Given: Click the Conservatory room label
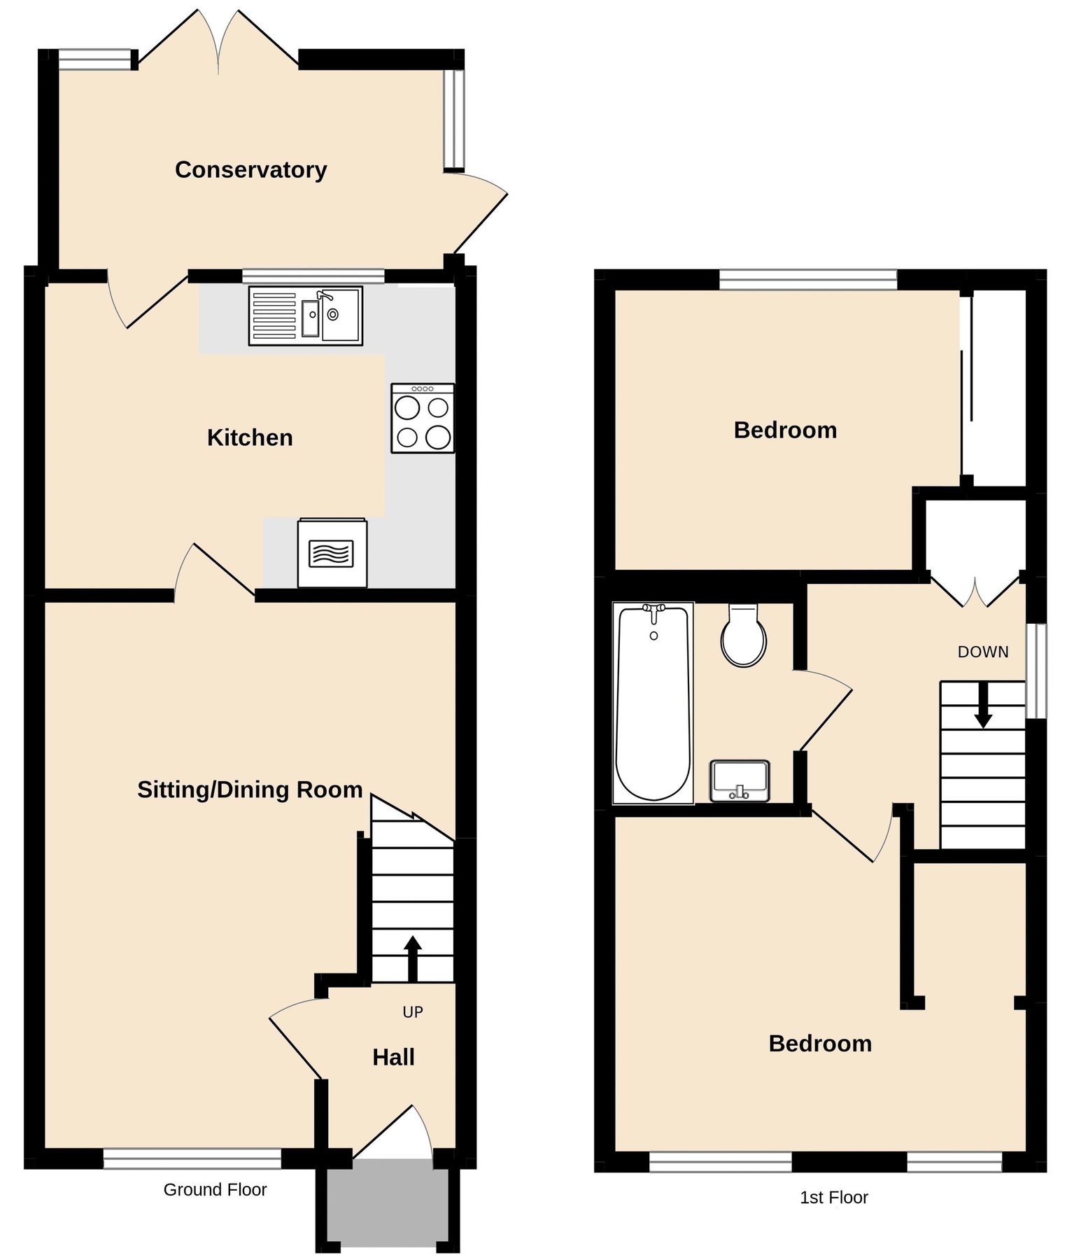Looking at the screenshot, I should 250,169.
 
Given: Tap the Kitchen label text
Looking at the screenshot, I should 250,437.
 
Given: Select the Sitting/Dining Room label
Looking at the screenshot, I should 250,790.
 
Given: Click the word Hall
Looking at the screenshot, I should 393,1057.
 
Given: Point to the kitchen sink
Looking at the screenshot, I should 306,316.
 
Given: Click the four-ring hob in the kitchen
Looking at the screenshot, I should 423,418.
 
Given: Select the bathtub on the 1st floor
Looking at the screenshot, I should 653,702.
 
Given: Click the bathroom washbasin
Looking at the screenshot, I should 740,780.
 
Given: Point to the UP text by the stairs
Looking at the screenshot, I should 413,1011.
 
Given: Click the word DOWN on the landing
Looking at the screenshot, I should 983,652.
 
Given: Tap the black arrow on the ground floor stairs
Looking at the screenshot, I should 412,957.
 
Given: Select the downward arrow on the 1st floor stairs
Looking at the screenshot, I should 983,706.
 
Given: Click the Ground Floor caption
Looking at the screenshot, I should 215,1189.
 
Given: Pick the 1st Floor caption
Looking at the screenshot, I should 833,1197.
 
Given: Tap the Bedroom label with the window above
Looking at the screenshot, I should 785,430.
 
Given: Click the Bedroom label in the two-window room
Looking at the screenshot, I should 820,1044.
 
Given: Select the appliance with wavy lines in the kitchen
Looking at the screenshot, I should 332,553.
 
